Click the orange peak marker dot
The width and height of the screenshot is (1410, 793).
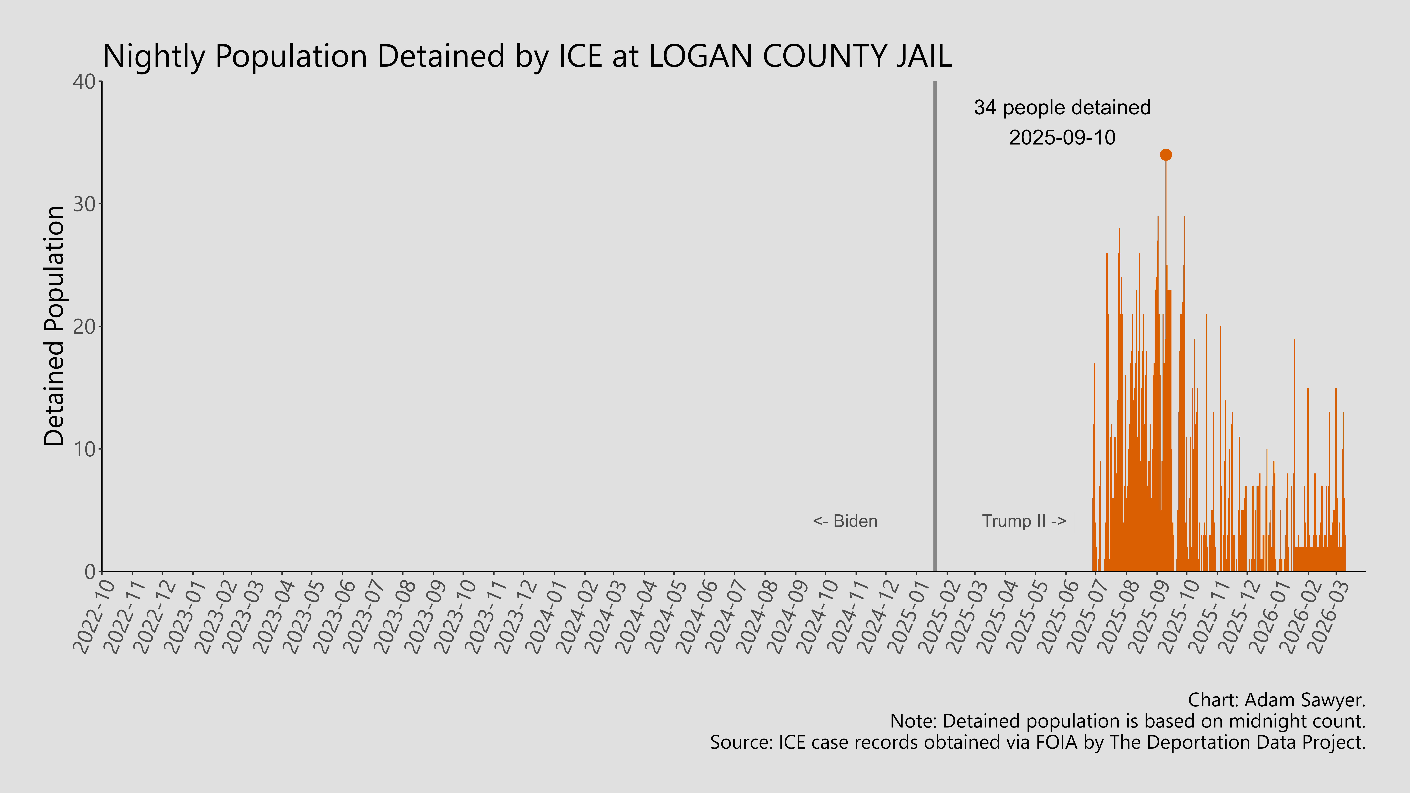coord(1166,155)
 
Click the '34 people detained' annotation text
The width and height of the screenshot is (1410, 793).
coord(1062,108)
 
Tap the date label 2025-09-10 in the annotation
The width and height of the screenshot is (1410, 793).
coord(1062,137)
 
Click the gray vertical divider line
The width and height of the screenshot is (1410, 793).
coord(935,328)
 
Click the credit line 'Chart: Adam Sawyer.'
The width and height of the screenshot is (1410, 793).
coord(1276,700)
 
